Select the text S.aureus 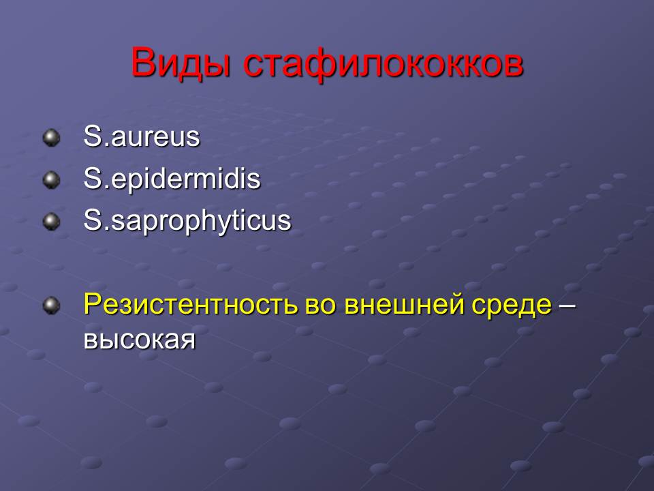click(x=142, y=136)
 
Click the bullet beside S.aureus click(x=51, y=138)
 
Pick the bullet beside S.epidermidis click(x=51, y=180)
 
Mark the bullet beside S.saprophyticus click(x=51, y=222)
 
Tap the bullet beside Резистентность click(x=51, y=306)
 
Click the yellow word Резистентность click(x=191, y=304)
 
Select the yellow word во click(x=320, y=306)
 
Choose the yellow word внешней click(x=404, y=306)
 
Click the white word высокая click(x=140, y=339)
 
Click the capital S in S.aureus click(x=92, y=136)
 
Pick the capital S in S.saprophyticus click(x=92, y=220)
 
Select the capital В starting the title click(x=142, y=62)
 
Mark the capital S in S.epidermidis click(x=92, y=178)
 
